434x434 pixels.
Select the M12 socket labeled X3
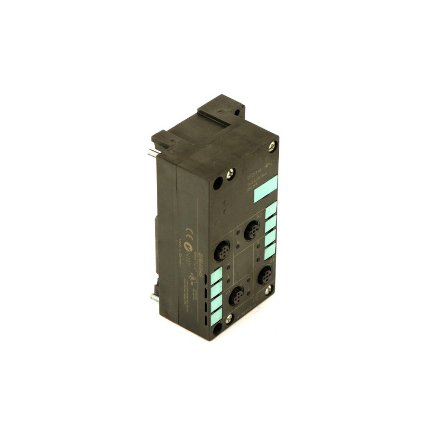[x=237, y=296]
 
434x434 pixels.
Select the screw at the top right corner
[x=272, y=145]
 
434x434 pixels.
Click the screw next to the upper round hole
[x=230, y=174]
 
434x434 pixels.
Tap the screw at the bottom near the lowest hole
[x=229, y=319]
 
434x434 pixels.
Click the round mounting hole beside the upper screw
[x=218, y=183]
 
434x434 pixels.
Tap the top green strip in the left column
[x=216, y=273]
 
